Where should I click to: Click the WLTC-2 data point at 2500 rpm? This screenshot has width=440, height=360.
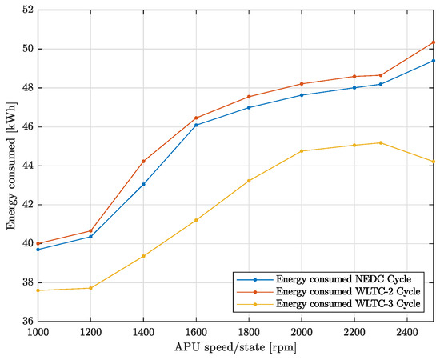point(434,42)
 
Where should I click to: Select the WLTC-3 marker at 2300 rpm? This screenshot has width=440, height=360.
point(381,142)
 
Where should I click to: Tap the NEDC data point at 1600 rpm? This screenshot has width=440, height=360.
point(196,125)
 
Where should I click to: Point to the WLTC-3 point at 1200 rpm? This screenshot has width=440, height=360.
point(90,288)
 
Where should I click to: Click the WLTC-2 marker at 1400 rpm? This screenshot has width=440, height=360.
point(143,162)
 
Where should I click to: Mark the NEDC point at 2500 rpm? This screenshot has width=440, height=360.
point(434,61)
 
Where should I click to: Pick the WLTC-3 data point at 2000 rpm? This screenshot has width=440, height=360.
point(302,151)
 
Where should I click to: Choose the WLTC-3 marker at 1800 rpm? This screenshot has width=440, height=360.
point(249,181)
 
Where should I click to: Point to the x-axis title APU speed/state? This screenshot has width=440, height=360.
point(235,348)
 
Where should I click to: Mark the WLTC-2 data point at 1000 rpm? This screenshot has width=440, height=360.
point(38,243)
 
